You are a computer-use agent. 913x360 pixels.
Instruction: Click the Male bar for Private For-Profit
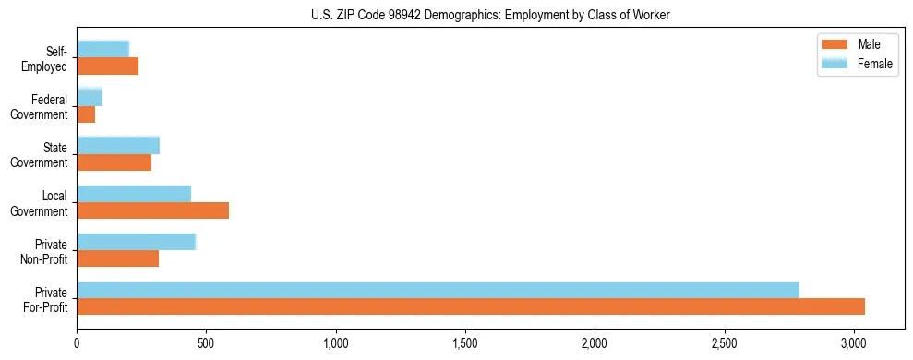[471, 306]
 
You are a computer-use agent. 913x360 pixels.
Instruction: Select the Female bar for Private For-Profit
[438, 290]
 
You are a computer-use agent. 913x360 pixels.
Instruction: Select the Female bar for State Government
[118, 145]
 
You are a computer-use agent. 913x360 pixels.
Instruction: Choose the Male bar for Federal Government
[86, 114]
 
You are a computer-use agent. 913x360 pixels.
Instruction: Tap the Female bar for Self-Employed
[103, 49]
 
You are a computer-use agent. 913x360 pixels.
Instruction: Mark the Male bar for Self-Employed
[107, 66]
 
